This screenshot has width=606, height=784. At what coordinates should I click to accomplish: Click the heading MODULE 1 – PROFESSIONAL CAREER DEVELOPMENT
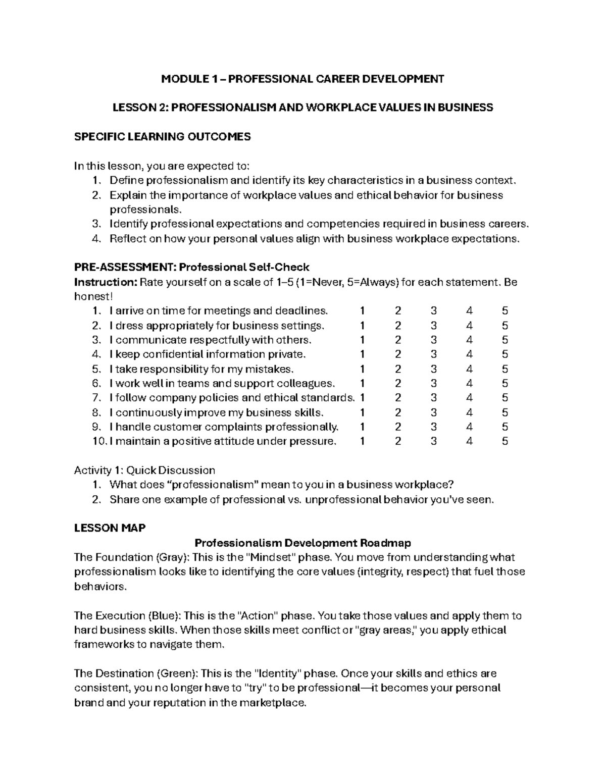302,79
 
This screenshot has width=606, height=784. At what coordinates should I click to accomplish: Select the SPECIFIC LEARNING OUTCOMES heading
162,137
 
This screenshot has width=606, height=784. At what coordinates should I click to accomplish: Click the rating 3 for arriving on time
434,311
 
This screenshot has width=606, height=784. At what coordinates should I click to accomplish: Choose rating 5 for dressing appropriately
504,326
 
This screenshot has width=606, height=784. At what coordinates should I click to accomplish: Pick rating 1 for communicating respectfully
362,340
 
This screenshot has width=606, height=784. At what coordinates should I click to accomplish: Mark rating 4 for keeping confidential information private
470,354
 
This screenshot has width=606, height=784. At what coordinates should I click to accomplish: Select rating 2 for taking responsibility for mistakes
398,369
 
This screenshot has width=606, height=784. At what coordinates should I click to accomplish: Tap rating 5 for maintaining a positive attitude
504,442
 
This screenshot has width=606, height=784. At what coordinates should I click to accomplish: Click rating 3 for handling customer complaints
434,427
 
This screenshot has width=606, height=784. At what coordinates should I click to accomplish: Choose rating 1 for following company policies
362,398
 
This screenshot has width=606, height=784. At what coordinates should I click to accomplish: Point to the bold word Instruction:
106,282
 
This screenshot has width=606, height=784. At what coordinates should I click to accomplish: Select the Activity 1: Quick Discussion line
144,471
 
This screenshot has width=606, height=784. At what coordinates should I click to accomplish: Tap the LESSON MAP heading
110,528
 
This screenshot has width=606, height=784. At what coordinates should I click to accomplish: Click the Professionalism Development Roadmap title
302,543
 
